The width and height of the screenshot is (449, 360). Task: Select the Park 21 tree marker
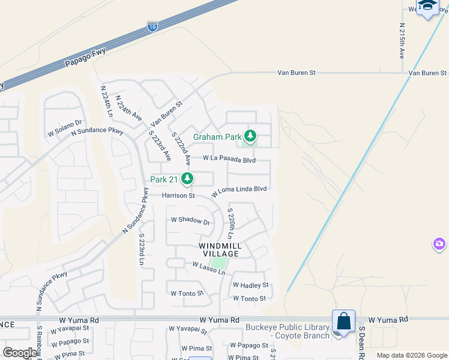(x=188, y=179)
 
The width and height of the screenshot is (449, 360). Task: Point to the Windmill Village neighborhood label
(x=220, y=250)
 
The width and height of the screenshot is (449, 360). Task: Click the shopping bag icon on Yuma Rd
(x=344, y=322)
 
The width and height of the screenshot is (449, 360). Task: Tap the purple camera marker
(x=439, y=244)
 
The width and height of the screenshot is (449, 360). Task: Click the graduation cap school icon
(x=428, y=6)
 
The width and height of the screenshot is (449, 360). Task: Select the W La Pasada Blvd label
(x=229, y=160)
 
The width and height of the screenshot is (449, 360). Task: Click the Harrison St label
(x=178, y=196)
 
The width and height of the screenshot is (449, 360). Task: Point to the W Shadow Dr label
(x=190, y=221)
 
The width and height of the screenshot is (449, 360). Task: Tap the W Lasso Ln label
(x=208, y=268)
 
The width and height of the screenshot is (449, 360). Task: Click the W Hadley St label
(x=250, y=285)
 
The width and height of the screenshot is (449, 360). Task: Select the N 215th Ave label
(x=402, y=41)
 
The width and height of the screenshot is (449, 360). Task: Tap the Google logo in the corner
(x=20, y=352)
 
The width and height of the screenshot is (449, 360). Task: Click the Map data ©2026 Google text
(x=412, y=355)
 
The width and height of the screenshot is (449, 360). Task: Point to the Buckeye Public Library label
(x=288, y=331)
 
